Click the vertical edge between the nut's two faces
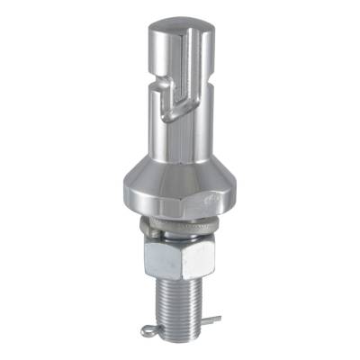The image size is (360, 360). pyautogui.click(x=182, y=261)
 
